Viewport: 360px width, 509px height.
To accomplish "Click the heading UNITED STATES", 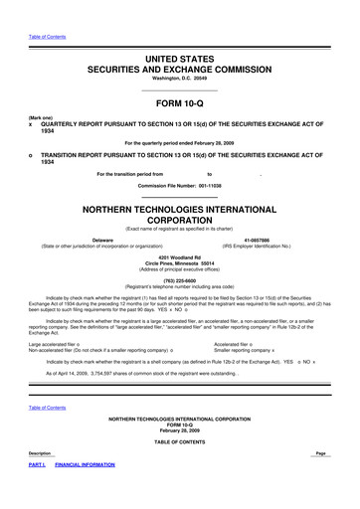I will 180,61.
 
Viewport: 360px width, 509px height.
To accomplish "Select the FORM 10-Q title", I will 180,104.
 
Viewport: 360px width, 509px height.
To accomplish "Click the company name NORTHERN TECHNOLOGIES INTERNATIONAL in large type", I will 180,211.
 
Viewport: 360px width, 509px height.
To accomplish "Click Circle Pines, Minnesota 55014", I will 180,265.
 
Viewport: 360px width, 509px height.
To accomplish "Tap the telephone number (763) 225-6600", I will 180,283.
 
